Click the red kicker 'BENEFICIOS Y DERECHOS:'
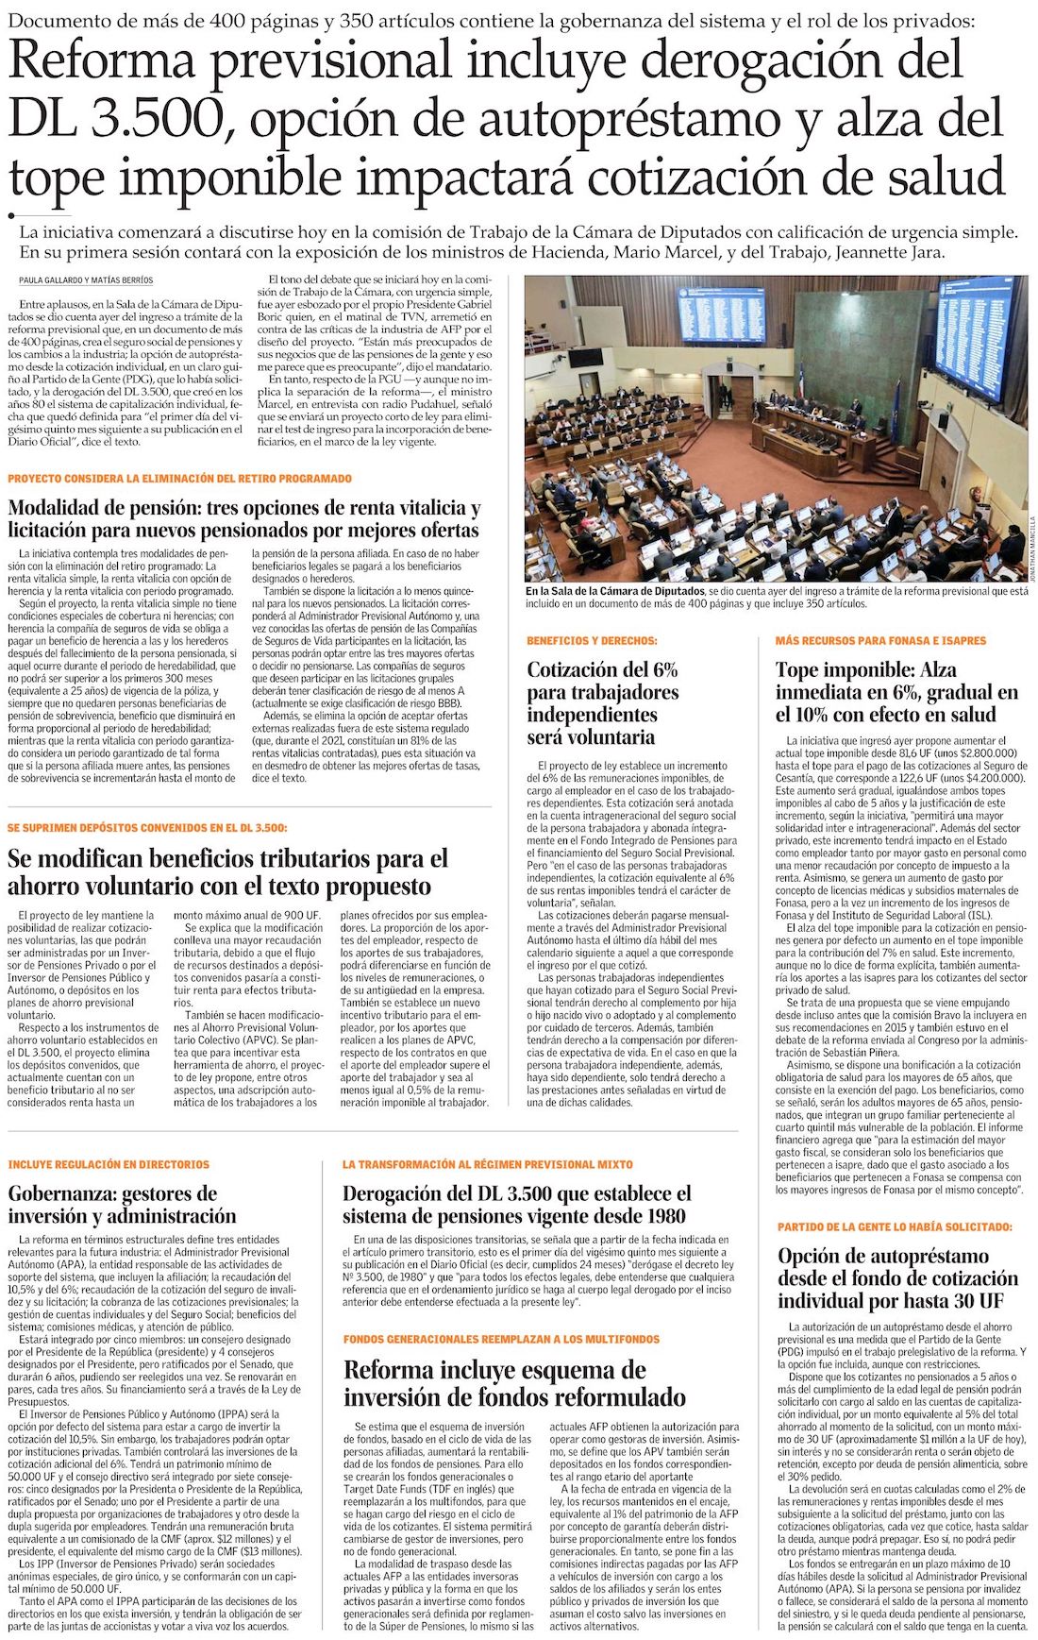[x=592, y=641]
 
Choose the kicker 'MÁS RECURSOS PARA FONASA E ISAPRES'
[x=880, y=641]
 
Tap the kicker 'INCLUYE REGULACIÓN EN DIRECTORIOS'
[x=109, y=1165]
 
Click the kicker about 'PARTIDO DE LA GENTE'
[x=895, y=1227]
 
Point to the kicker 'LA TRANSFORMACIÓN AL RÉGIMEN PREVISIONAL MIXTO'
[x=488, y=1165]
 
